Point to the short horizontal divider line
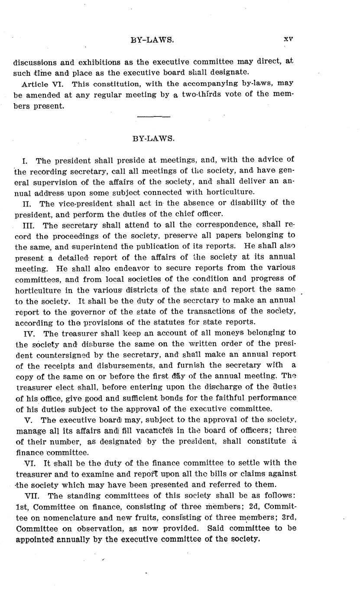[153, 116]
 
